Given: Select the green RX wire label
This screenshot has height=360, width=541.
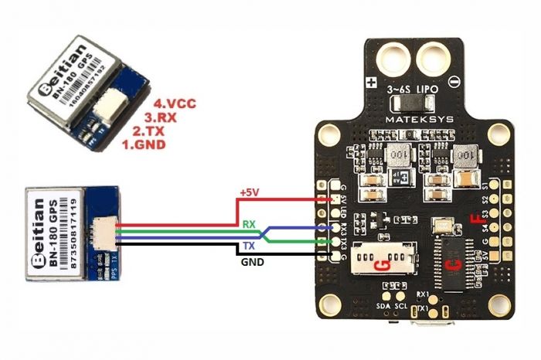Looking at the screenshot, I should (x=249, y=224).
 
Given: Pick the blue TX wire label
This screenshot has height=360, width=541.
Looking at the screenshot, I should (x=249, y=245).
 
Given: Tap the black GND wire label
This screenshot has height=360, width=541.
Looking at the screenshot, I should (x=251, y=263).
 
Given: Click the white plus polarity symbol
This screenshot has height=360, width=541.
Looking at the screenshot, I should (x=372, y=82).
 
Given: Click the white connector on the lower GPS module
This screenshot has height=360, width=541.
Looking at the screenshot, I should (x=98, y=229).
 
